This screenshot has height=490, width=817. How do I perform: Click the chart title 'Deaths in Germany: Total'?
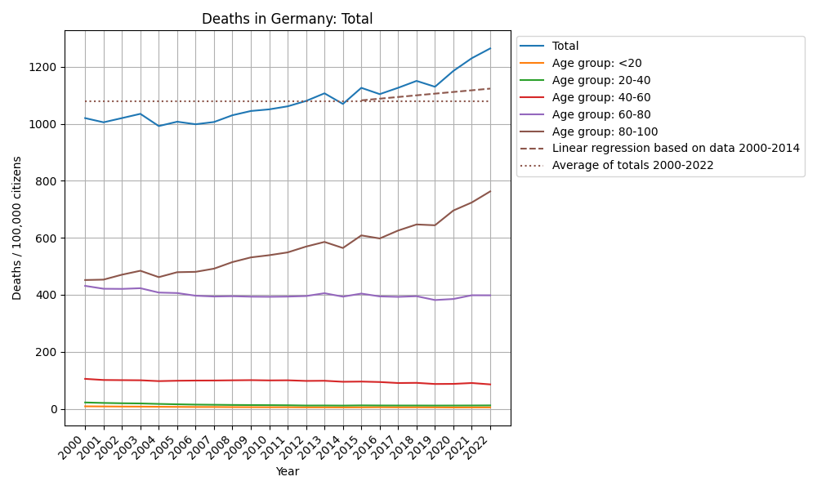(287, 19)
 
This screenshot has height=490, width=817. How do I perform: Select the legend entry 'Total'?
(565, 47)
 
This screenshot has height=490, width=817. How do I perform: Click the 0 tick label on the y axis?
(54, 409)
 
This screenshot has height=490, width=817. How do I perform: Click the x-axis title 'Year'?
(287, 471)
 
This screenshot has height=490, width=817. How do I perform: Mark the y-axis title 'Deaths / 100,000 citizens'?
(17, 228)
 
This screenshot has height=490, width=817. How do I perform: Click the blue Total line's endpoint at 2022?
(490, 48)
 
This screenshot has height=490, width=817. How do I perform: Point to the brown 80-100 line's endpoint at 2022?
(490, 191)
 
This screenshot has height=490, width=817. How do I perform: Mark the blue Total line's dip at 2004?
(158, 126)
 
